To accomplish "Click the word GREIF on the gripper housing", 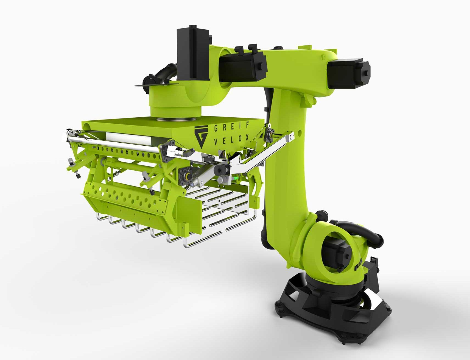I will click(x=231, y=127).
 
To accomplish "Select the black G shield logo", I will click(x=201, y=136).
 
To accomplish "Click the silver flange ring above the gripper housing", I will click(x=176, y=119).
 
